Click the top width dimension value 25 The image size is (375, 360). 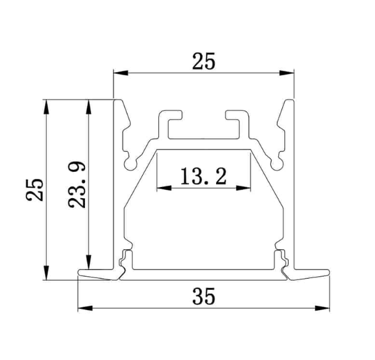coord(204,62)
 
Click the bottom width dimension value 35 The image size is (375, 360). coord(204,297)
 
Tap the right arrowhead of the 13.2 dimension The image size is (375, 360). coord(246,188)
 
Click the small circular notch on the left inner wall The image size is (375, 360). coord(131,163)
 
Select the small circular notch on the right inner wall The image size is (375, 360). coord(276,163)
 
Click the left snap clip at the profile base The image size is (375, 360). coord(127,258)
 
